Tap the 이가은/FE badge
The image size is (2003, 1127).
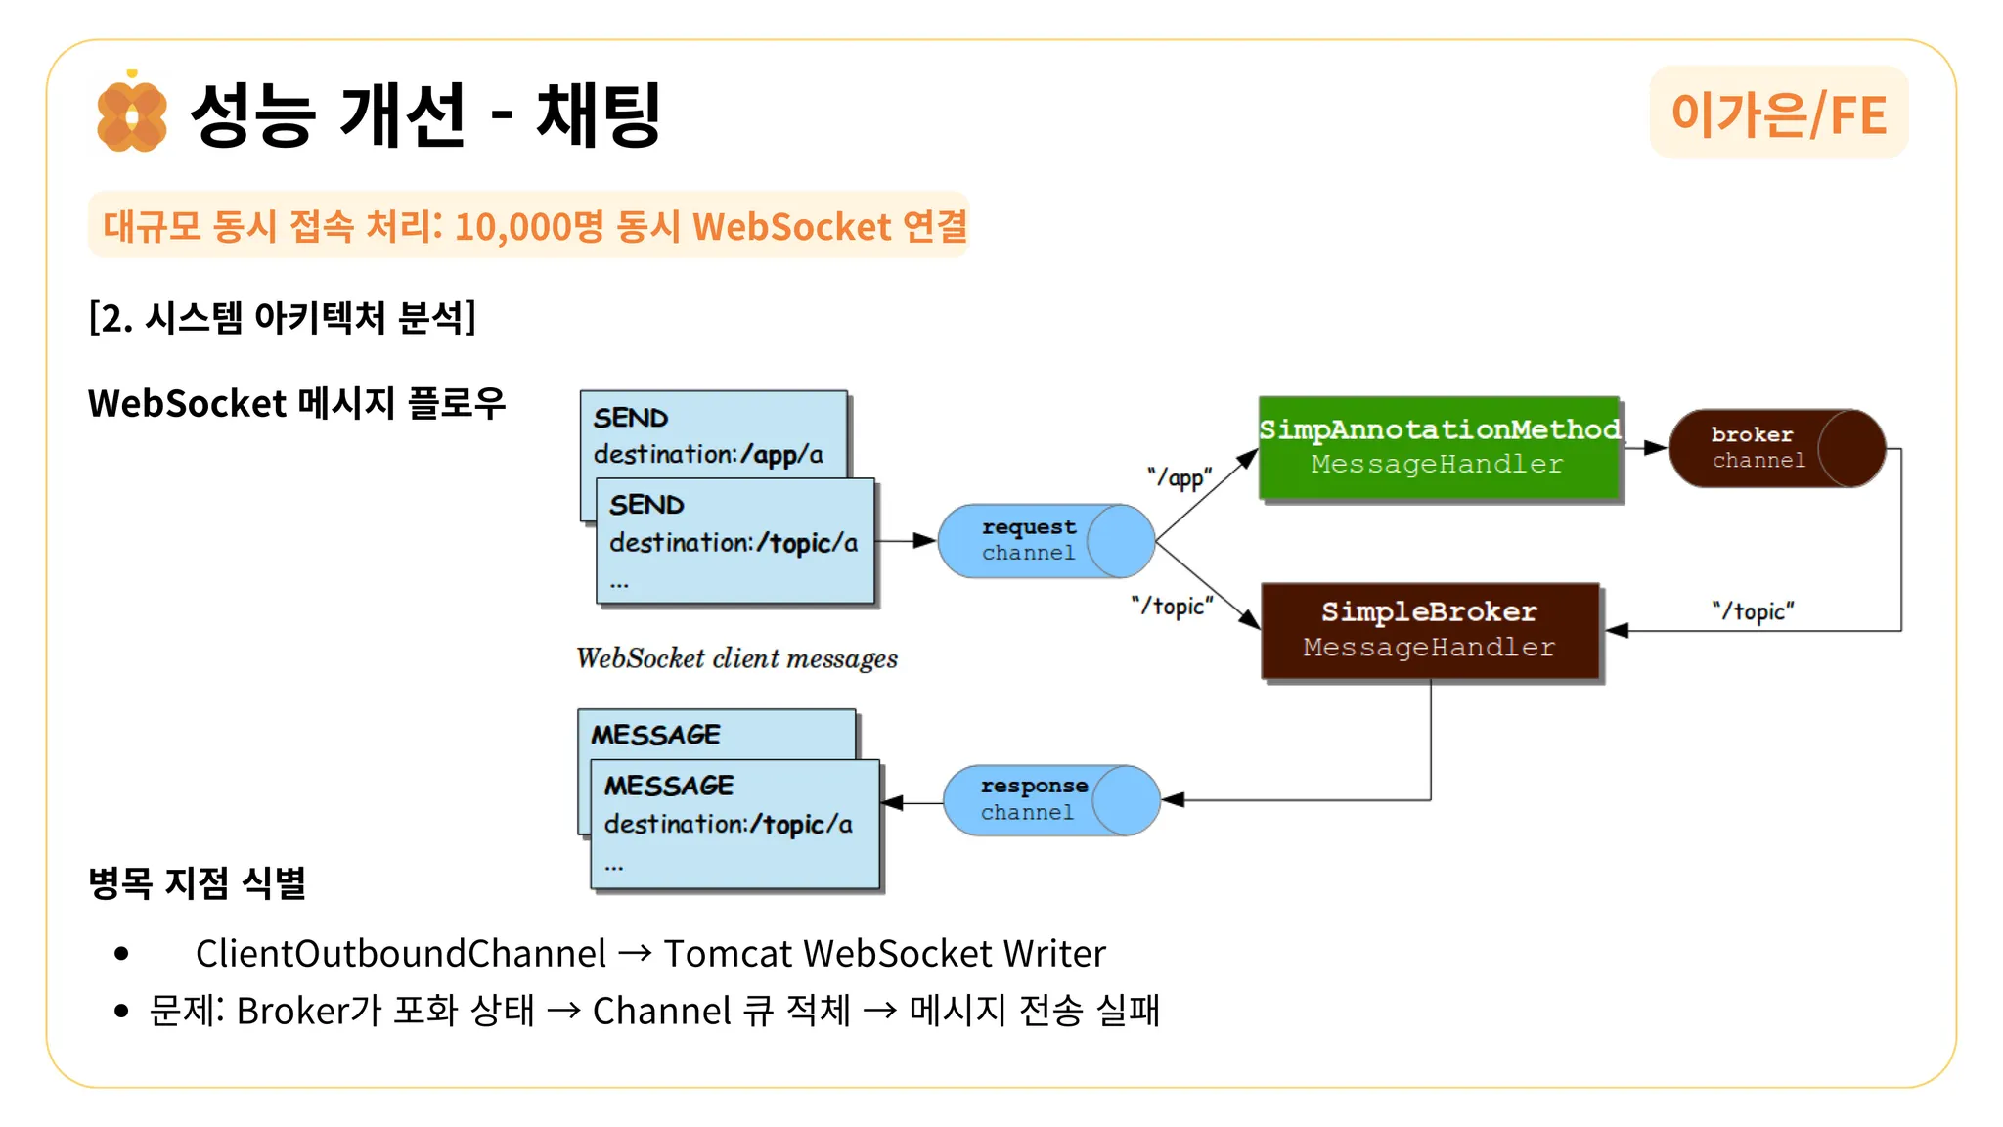pos(1778,113)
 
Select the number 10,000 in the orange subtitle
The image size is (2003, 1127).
pos(512,227)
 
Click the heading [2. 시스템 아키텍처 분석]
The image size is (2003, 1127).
pos(282,317)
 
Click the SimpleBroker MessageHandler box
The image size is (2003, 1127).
pos(1429,630)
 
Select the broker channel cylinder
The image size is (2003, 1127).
pos(1776,448)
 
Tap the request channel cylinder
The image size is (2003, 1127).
pos(1046,541)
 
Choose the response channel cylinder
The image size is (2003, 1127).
pos(1050,800)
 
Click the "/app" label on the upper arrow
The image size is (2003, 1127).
pos(1180,477)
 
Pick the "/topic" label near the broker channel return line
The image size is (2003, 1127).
pos(1753,611)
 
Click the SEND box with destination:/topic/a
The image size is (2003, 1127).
pos(735,541)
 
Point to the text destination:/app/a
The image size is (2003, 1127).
pos(708,455)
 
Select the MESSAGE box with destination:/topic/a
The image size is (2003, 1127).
pos(734,824)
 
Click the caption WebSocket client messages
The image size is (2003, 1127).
pos(736,658)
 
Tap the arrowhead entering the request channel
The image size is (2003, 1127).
pos(925,540)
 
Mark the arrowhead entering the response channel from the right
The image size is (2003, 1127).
pos(1173,800)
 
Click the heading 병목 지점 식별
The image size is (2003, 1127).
pos(197,882)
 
